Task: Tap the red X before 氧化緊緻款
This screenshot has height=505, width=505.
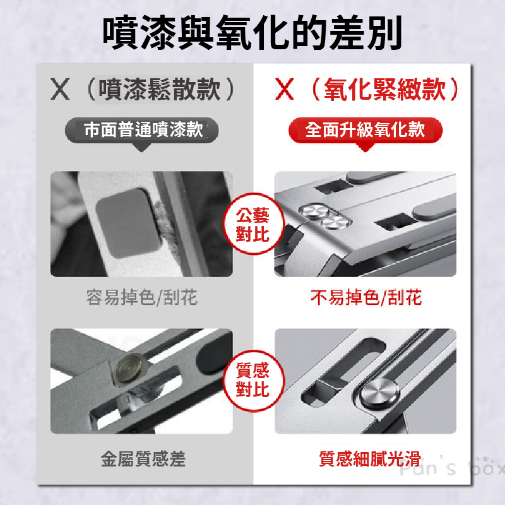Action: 285,90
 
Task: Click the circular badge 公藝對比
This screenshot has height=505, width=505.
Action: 252,225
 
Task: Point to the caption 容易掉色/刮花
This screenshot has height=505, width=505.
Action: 142,297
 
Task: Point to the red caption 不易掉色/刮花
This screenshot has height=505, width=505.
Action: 366,297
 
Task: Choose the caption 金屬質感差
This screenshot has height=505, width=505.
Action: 143,459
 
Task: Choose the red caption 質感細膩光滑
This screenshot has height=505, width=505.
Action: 370,459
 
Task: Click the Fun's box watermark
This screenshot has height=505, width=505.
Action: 452,470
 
